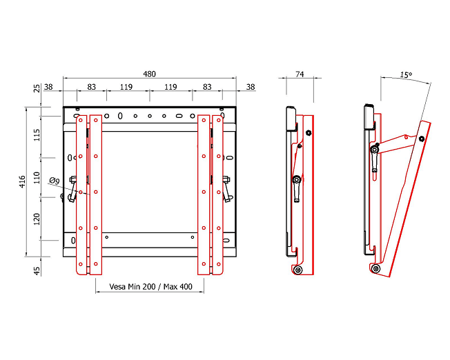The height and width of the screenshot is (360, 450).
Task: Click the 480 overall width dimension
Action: [x=149, y=74]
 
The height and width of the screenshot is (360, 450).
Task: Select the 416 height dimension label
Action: [x=22, y=182]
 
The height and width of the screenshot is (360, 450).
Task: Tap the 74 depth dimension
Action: [x=300, y=74]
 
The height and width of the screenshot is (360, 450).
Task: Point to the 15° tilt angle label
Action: [x=406, y=75]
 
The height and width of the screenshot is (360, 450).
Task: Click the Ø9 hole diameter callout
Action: [x=55, y=181]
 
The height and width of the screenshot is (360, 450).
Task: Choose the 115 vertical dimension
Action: [x=37, y=134]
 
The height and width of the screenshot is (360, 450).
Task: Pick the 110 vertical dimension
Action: [x=37, y=178]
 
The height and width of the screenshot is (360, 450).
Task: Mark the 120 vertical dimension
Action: [x=37, y=219]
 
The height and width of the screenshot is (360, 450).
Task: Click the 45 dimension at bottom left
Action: [x=37, y=271]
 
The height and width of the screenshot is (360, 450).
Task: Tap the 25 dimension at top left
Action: [x=37, y=89]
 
